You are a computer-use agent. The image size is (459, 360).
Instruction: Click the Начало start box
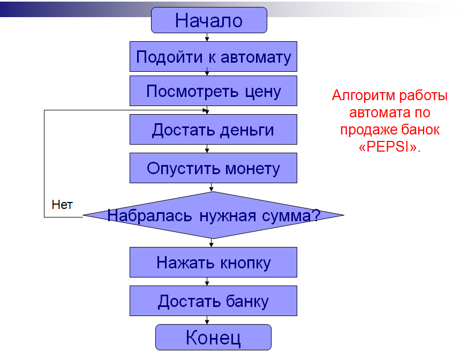click(209, 20)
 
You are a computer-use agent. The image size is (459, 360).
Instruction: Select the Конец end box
click(213, 337)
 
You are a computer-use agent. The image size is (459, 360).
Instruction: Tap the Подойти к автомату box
click(213, 57)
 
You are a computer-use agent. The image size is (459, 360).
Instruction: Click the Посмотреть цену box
click(213, 91)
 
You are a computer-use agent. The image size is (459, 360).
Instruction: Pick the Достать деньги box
click(213, 130)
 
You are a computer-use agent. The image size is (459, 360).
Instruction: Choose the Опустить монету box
click(213, 168)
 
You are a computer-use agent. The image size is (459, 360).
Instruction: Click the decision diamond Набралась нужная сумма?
click(213, 215)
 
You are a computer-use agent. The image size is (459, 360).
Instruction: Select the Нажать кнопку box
click(213, 262)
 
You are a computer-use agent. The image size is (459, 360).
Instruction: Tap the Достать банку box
click(213, 301)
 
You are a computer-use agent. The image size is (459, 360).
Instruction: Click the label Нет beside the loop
click(62, 204)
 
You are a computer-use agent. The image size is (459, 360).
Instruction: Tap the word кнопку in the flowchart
click(246, 262)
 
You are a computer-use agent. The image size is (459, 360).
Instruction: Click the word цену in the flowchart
click(262, 91)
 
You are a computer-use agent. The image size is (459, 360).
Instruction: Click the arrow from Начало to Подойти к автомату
click(207, 37)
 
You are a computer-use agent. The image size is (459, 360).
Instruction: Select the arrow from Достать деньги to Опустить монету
click(207, 148)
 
